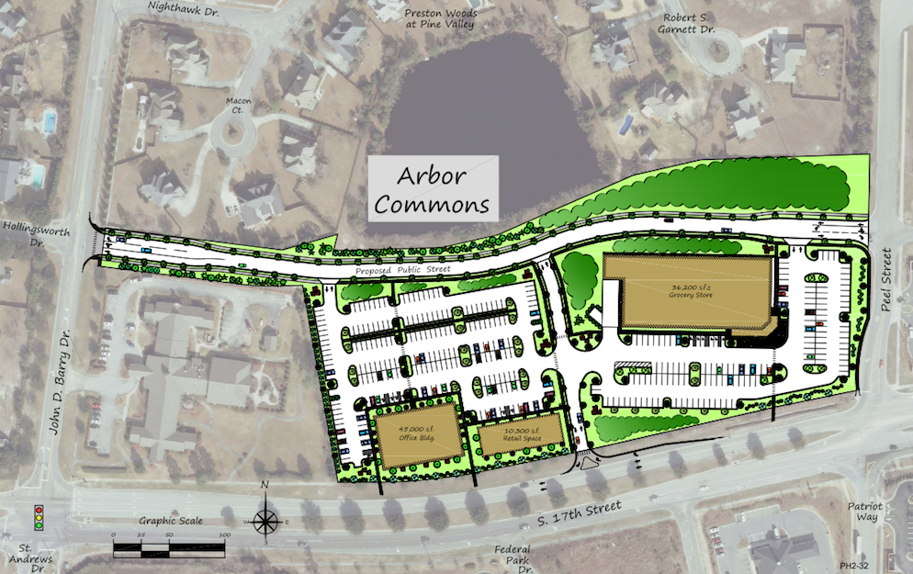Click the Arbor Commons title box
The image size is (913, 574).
433,188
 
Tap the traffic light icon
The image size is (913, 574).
38,518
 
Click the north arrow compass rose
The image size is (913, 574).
265,520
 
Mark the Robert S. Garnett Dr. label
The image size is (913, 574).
685,23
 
